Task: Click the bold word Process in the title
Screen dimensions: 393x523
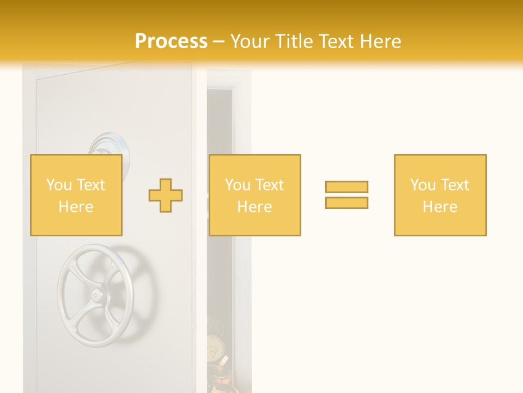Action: tap(171, 41)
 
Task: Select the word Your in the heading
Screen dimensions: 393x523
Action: tap(249, 41)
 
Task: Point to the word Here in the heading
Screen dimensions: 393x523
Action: tap(378, 41)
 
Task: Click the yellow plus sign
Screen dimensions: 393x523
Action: tap(166, 195)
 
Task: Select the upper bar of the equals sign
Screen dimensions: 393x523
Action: tap(346, 187)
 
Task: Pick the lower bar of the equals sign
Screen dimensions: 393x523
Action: tap(346, 203)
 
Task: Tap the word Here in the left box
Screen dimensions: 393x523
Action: tap(76, 207)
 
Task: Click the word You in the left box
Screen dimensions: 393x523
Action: tap(59, 185)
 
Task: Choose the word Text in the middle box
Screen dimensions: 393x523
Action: tap(270, 185)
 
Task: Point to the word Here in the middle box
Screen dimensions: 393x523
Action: tap(254, 207)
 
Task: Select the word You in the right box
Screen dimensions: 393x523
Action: tap(423, 185)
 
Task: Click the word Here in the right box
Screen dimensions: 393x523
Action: tap(440, 207)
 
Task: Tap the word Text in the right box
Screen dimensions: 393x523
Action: tap(455, 185)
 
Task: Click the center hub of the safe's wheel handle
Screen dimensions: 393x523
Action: tap(97, 295)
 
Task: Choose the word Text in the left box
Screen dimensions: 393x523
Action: tap(91, 185)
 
